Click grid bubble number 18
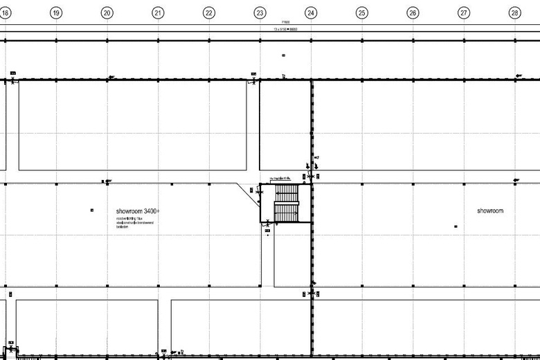(5, 12)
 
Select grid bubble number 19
(56, 12)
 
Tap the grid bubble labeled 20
(107, 12)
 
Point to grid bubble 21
(158, 12)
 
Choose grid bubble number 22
(208, 12)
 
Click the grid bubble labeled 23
(260, 12)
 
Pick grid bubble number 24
(311, 12)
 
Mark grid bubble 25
(361, 12)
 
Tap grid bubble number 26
(413, 12)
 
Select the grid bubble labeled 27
(464, 12)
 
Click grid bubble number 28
(514, 12)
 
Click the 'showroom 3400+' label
(138, 210)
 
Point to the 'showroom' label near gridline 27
(489, 210)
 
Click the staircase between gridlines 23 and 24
(286, 203)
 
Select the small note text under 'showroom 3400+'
(134, 222)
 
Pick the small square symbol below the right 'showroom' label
(455, 226)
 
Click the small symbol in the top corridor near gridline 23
(283, 55)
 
